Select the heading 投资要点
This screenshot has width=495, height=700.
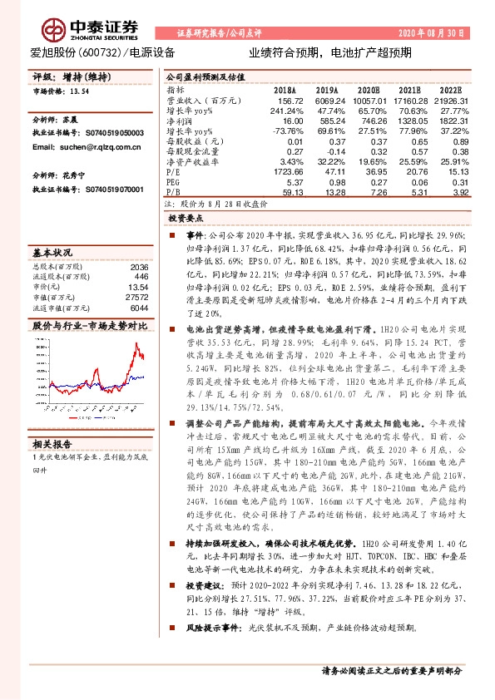(185, 217)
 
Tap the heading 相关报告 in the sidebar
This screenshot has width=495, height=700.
(52, 442)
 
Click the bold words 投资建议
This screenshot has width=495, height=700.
(207, 562)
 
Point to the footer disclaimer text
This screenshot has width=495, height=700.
(390, 670)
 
